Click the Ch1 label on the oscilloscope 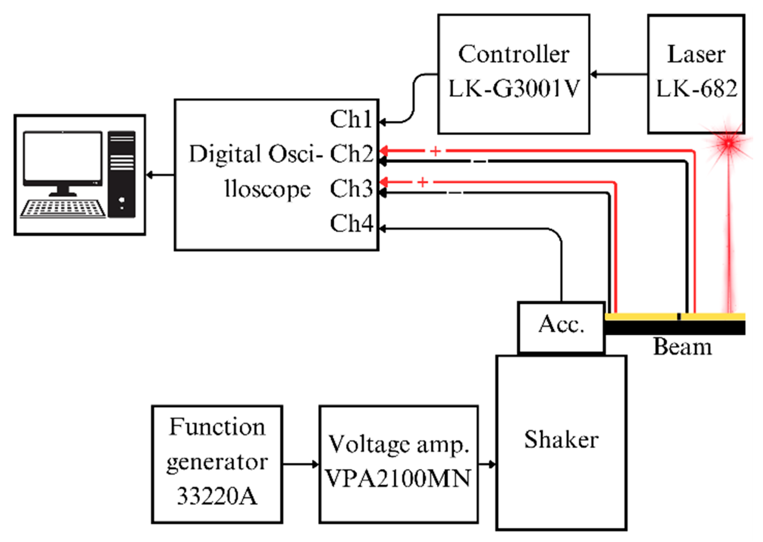[x=351, y=119]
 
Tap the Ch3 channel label [x=351, y=188]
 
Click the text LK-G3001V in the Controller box [x=514, y=89]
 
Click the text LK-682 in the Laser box [x=697, y=89]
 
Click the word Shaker [x=561, y=439]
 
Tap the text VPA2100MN [x=398, y=478]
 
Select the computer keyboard [x=63, y=209]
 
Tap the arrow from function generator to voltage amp [x=301, y=464]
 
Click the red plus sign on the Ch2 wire [x=435, y=151]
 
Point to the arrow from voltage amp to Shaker [x=487, y=464]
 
